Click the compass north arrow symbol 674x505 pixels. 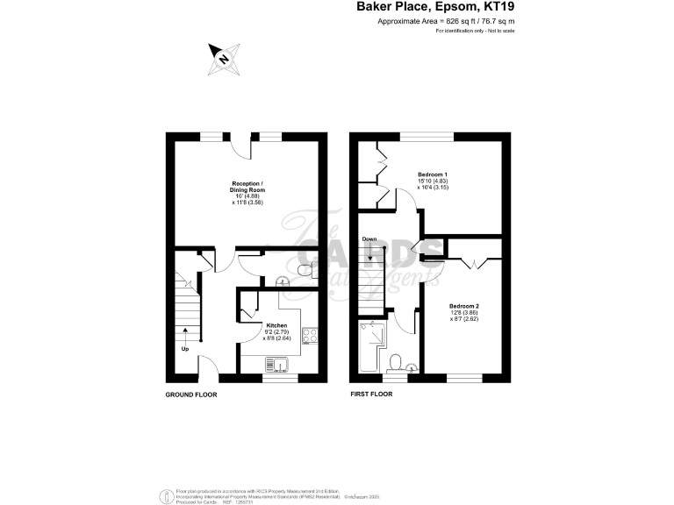click(222, 58)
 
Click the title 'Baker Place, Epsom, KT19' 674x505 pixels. click(434, 7)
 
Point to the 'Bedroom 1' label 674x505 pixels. click(433, 175)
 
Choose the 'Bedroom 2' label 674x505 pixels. click(464, 307)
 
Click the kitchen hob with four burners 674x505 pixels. click(311, 335)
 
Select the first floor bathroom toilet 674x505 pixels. click(396, 362)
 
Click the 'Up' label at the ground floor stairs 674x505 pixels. click(184, 349)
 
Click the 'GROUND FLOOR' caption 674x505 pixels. click(191, 395)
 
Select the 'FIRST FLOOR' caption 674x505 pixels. click(370, 395)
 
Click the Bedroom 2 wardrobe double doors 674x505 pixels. click(470, 261)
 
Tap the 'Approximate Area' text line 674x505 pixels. click(445, 21)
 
